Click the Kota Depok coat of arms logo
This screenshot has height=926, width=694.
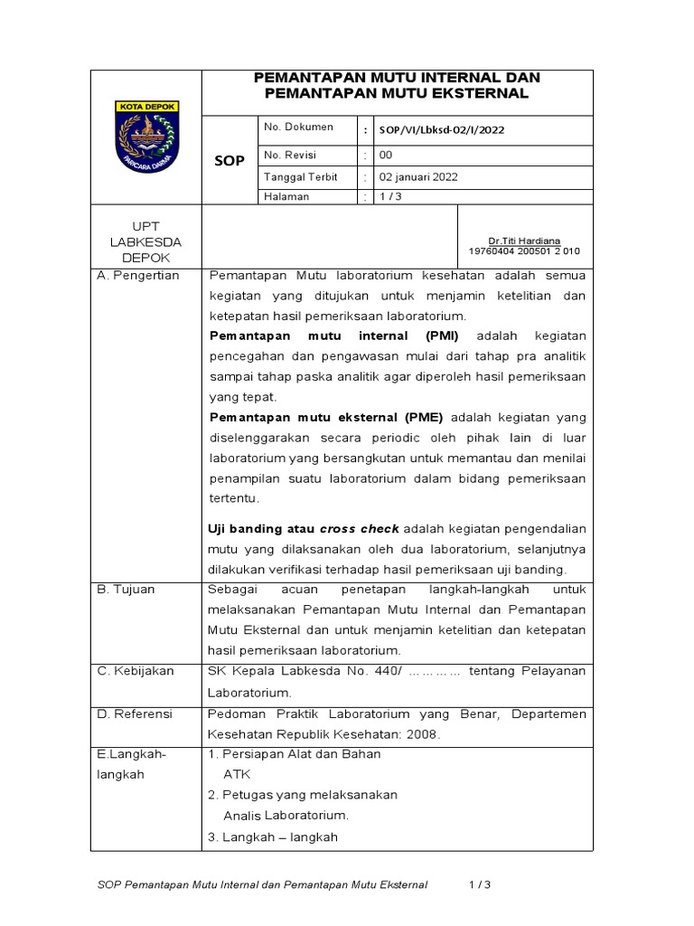[146, 138]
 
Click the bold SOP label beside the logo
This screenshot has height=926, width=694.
[229, 161]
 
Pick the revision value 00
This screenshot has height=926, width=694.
[386, 155]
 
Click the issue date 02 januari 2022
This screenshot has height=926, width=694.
[418, 177]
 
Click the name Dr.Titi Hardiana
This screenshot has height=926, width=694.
[524, 241]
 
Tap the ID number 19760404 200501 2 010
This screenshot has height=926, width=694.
[524, 250]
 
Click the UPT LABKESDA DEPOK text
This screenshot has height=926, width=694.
[145, 241]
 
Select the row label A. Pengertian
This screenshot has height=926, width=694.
[138, 276]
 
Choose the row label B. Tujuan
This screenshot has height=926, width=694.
[127, 590]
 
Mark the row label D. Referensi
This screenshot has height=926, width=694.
[135, 714]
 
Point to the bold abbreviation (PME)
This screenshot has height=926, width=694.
[420, 417]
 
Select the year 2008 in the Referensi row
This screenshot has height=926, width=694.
[422, 734]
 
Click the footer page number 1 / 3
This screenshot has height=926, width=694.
[480, 884]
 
